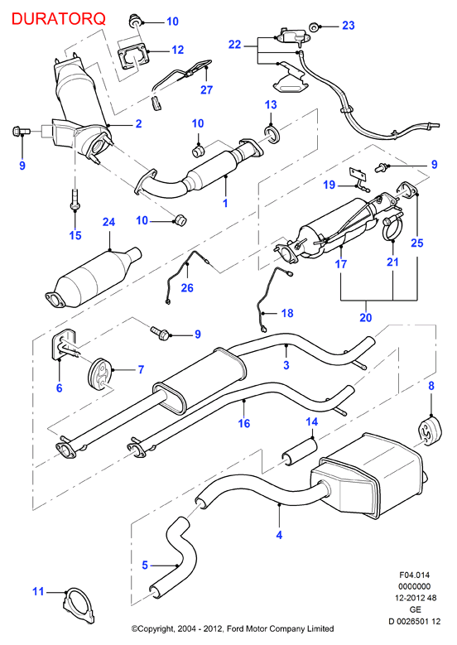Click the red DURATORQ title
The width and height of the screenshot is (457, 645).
(59, 18)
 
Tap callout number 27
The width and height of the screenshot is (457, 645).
(206, 89)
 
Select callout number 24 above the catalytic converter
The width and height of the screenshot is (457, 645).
(108, 222)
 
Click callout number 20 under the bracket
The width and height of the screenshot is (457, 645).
(365, 318)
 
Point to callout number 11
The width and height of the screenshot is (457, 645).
(38, 591)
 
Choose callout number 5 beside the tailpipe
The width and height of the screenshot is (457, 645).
(145, 566)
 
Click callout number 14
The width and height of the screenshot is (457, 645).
(312, 421)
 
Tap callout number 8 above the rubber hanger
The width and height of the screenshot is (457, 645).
(431, 386)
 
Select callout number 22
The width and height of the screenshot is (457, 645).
(234, 45)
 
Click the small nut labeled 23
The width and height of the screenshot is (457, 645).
(315, 27)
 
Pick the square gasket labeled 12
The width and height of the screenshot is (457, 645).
(132, 58)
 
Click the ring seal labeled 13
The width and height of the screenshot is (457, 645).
(272, 134)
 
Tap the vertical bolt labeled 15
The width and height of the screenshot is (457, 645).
(75, 199)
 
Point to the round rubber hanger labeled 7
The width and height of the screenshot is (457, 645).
(101, 374)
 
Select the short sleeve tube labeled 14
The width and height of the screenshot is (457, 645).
(299, 452)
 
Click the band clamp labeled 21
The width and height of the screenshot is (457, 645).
(392, 229)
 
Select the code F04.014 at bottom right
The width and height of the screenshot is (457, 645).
(414, 575)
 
